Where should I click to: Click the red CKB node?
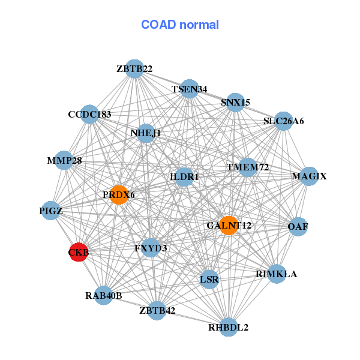point(79,252)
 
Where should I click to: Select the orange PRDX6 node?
point(119,194)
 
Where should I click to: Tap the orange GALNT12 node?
point(229,225)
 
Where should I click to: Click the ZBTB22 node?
point(135,69)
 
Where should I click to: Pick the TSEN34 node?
point(190,89)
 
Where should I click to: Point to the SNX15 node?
point(235,102)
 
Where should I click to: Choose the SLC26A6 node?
point(283,121)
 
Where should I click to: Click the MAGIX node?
point(309,176)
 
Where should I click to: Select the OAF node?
point(298,226)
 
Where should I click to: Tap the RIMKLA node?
point(276,274)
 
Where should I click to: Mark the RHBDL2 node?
point(228,327)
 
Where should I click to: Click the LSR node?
point(209,280)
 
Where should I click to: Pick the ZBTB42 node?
point(157,310)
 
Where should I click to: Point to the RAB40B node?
point(103,295)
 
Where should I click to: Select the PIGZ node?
point(51,211)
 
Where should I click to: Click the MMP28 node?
point(64,160)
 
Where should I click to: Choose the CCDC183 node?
point(89,114)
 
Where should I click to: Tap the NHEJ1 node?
point(146,133)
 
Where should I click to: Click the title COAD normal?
point(180,25)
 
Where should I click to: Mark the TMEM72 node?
point(248,166)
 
